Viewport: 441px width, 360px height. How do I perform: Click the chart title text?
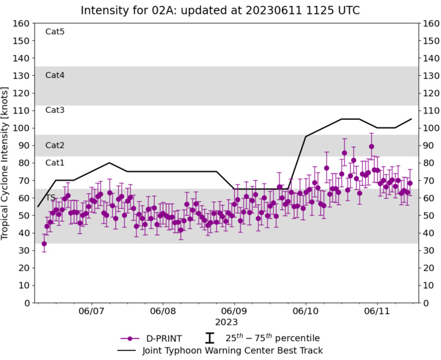(220, 10)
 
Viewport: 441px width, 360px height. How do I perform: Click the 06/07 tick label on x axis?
(91, 311)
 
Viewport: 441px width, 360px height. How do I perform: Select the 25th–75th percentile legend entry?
(273, 338)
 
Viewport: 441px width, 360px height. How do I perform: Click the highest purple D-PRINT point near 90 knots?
(372, 146)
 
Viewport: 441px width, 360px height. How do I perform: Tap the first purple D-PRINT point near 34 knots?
(44, 243)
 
